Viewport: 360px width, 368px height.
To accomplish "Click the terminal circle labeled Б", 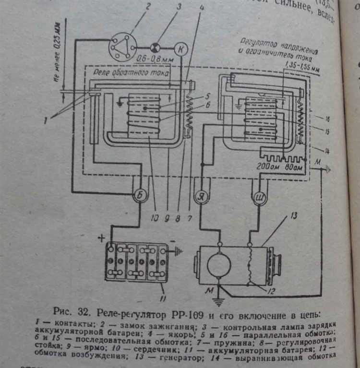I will pyautogui.click(x=139, y=196).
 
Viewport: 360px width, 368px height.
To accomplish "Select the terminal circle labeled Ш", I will pyautogui.click(x=259, y=197).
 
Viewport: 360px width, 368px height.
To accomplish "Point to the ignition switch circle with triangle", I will pyautogui.click(x=122, y=47).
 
